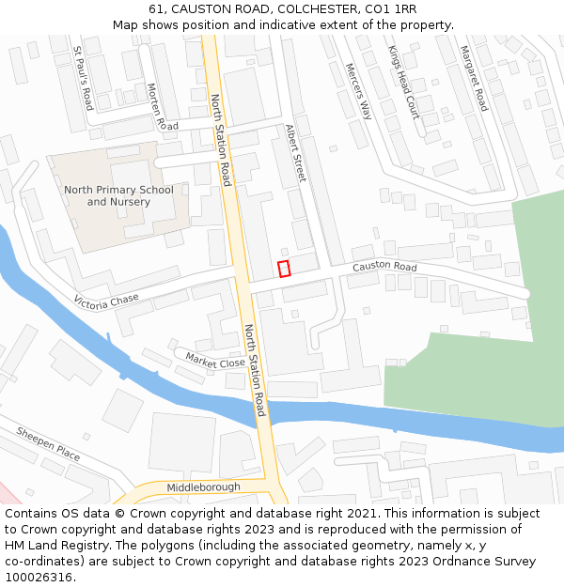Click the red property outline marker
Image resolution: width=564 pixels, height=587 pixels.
click(x=284, y=269)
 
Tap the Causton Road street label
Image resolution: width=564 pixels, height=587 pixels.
click(x=384, y=268)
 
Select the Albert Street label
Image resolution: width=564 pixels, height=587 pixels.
click(x=296, y=153)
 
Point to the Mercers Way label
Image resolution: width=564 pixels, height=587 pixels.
click(x=358, y=91)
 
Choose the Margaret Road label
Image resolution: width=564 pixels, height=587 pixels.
click(x=473, y=79)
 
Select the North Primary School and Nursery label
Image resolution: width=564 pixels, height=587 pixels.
click(x=118, y=195)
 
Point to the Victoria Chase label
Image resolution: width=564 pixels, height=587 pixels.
click(x=106, y=301)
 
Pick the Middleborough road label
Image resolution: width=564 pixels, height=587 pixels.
click(x=203, y=487)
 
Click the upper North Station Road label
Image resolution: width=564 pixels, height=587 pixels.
click(x=220, y=141)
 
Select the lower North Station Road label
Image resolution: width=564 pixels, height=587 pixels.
click(x=254, y=371)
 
